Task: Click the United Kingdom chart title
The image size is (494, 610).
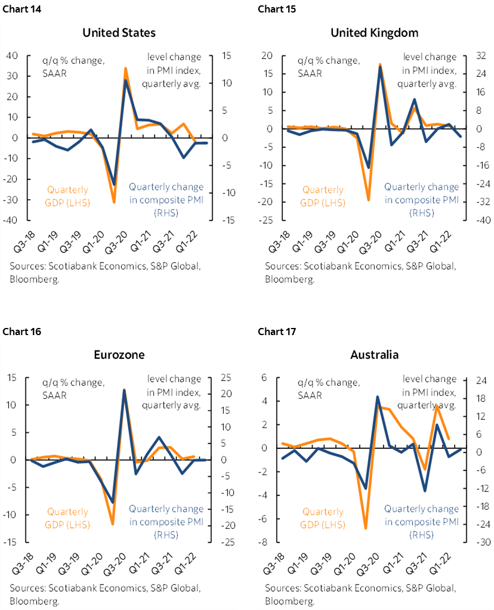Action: [x=375, y=32]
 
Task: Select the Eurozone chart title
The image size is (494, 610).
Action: [x=119, y=355]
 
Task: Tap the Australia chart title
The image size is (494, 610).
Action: [x=375, y=355]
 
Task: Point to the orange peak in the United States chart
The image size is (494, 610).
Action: [x=125, y=69]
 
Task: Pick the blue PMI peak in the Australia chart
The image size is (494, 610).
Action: [x=378, y=397]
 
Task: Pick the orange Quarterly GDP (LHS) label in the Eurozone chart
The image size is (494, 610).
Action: [x=67, y=518]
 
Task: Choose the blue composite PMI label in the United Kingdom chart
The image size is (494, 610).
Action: [x=421, y=200]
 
